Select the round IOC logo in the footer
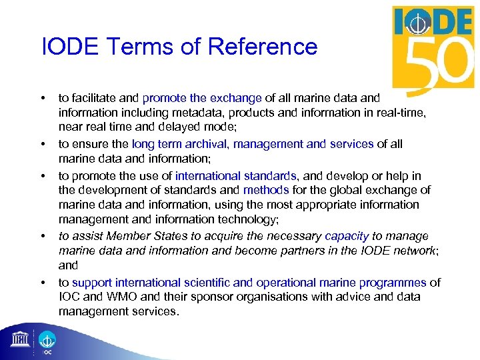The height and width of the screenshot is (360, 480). (48, 340)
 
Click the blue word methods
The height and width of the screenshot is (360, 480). (267, 190)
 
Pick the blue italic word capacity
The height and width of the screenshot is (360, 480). (347, 236)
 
